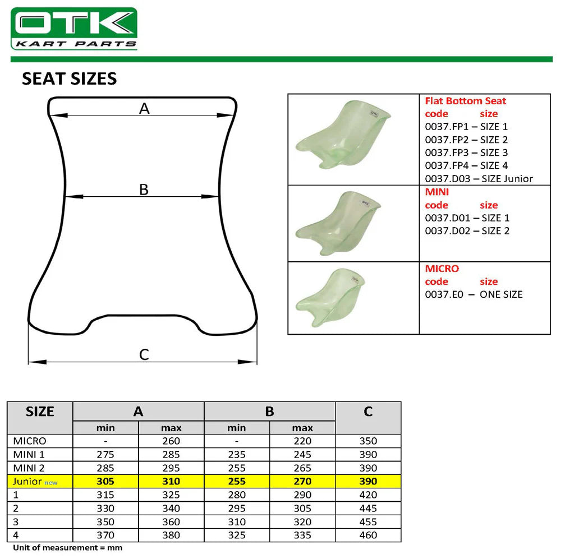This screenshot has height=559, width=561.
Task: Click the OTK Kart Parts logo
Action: click(74, 29)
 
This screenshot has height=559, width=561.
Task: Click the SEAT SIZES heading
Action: click(69, 78)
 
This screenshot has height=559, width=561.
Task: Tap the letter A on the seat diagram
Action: click(144, 108)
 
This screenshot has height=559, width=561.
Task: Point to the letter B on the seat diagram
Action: click(144, 190)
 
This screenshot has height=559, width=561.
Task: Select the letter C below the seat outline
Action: click(144, 354)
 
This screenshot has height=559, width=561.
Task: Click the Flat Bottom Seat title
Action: click(465, 101)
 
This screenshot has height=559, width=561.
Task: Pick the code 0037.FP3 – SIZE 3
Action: click(466, 153)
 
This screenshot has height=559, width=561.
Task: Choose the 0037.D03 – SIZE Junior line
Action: click(479, 179)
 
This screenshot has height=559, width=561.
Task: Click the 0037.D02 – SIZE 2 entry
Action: click(467, 230)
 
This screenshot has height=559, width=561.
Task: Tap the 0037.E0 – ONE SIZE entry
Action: click(473, 294)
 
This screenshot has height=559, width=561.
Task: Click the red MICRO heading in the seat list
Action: click(442, 269)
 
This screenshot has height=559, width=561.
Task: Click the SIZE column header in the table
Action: click(40, 412)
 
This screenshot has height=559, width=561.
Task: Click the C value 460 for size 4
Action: click(368, 535)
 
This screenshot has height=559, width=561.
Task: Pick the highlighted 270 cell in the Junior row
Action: click(302, 481)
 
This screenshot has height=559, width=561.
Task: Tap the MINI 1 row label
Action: click(30, 455)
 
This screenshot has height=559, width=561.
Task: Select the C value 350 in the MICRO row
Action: click(368, 441)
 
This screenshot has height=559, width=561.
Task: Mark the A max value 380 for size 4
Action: click(171, 535)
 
